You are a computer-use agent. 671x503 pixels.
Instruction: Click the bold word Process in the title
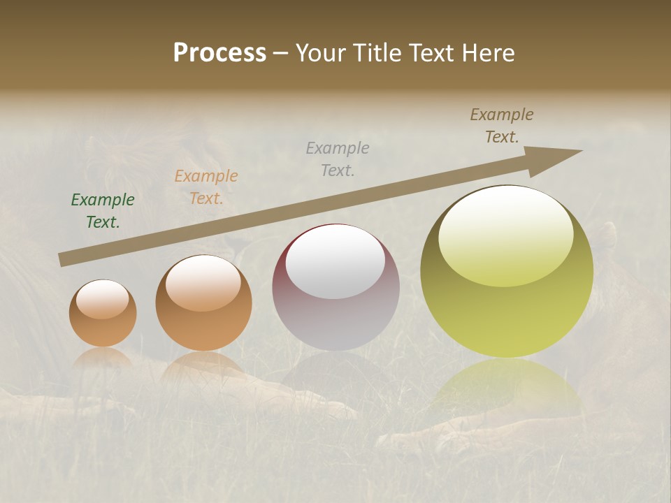(219, 53)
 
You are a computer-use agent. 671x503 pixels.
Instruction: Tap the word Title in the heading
(378, 53)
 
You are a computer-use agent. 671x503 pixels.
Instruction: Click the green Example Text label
(103, 211)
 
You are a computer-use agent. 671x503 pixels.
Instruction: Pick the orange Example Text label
(206, 187)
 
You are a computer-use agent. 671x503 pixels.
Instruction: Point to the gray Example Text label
(338, 159)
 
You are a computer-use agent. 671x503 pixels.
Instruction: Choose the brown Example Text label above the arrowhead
(502, 126)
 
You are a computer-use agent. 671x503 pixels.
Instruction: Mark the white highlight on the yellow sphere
(506, 234)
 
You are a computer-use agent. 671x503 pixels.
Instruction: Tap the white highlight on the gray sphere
(335, 261)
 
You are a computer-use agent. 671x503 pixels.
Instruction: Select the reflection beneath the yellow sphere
(507, 388)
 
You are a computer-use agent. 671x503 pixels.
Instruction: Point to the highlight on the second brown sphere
(203, 282)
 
